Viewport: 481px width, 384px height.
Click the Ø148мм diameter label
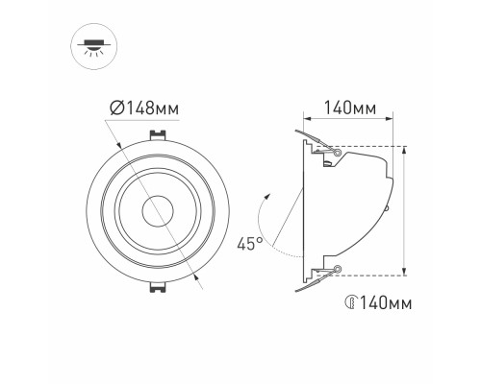144,108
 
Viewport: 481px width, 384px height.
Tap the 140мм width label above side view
350,108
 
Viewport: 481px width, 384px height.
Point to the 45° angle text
250,244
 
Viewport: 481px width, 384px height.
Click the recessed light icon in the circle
94,47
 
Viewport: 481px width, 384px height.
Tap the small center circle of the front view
158,211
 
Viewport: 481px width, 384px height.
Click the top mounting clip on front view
158,134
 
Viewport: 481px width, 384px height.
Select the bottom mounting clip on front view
158,287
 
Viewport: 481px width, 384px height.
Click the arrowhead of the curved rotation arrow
268,197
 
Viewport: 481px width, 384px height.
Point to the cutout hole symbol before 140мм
352,302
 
